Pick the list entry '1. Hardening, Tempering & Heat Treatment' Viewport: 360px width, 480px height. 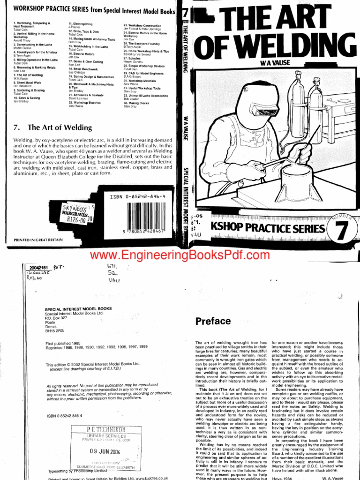(33, 25)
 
